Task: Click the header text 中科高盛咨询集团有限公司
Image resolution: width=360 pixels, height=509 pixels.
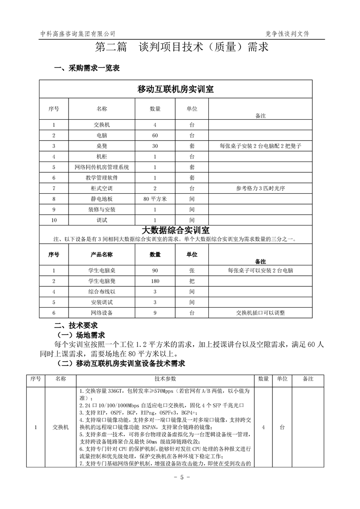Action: (x=78, y=34)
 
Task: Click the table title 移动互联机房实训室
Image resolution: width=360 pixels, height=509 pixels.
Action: (x=175, y=89)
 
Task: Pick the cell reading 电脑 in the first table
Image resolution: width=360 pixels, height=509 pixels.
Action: (x=102, y=135)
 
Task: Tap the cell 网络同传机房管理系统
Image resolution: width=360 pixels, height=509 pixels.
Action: (x=102, y=167)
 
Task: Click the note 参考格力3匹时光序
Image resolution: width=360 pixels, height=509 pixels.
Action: (x=260, y=188)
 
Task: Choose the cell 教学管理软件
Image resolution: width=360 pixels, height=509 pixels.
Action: (x=102, y=178)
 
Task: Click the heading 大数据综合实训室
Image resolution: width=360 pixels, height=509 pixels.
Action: (x=175, y=230)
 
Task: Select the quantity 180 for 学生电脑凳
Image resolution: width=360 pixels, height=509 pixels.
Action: (x=155, y=281)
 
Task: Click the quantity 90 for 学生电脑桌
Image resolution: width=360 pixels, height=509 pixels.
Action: (x=155, y=270)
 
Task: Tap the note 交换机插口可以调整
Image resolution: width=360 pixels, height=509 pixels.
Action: (x=260, y=313)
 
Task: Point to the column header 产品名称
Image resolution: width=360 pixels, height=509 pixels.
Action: (x=102, y=254)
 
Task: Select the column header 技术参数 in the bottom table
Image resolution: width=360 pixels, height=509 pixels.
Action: (x=165, y=379)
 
